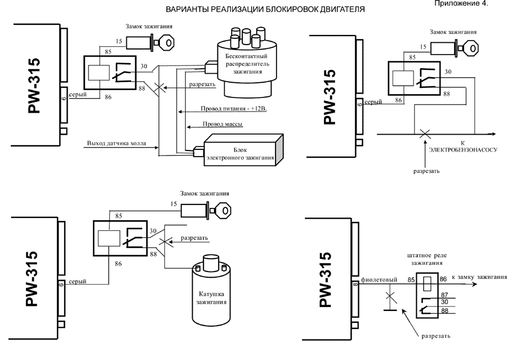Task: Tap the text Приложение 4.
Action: coord(469,4)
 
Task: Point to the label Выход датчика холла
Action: coord(116,144)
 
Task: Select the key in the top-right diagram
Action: coord(472,49)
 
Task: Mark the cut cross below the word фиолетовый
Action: coord(388,295)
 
